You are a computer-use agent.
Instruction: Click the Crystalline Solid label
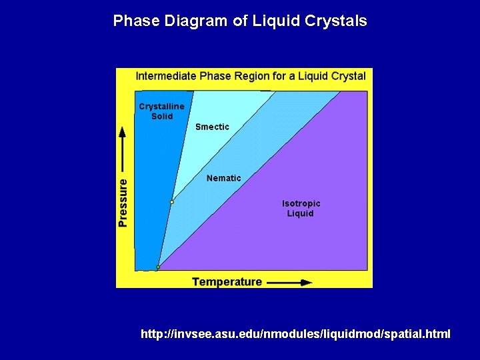pyautogui.click(x=161, y=111)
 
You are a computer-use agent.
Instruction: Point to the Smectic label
pyautogui.click(x=212, y=127)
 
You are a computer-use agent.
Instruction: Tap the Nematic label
pyautogui.click(x=224, y=178)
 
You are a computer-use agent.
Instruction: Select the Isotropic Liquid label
pyautogui.click(x=301, y=208)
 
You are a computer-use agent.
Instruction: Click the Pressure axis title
pyautogui.click(x=123, y=202)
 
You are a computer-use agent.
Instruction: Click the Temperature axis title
pyautogui.click(x=227, y=282)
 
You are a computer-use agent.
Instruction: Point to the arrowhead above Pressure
pyautogui.click(x=123, y=131)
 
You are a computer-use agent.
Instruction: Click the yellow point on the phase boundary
pyautogui.click(x=171, y=201)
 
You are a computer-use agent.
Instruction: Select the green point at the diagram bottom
pyautogui.click(x=158, y=267)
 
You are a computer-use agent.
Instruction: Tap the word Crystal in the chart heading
pyautogui.click(x=349, y=76)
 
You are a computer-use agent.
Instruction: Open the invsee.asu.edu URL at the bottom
pyautogui.click(x=295, y=333)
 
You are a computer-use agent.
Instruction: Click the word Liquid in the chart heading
pyautogui.click(x=313, y=76)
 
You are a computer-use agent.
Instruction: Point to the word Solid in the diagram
pyautogui.click(x=161, y=116)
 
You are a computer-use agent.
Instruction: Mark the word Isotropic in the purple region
pyautogui.click(x=301, y=203)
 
